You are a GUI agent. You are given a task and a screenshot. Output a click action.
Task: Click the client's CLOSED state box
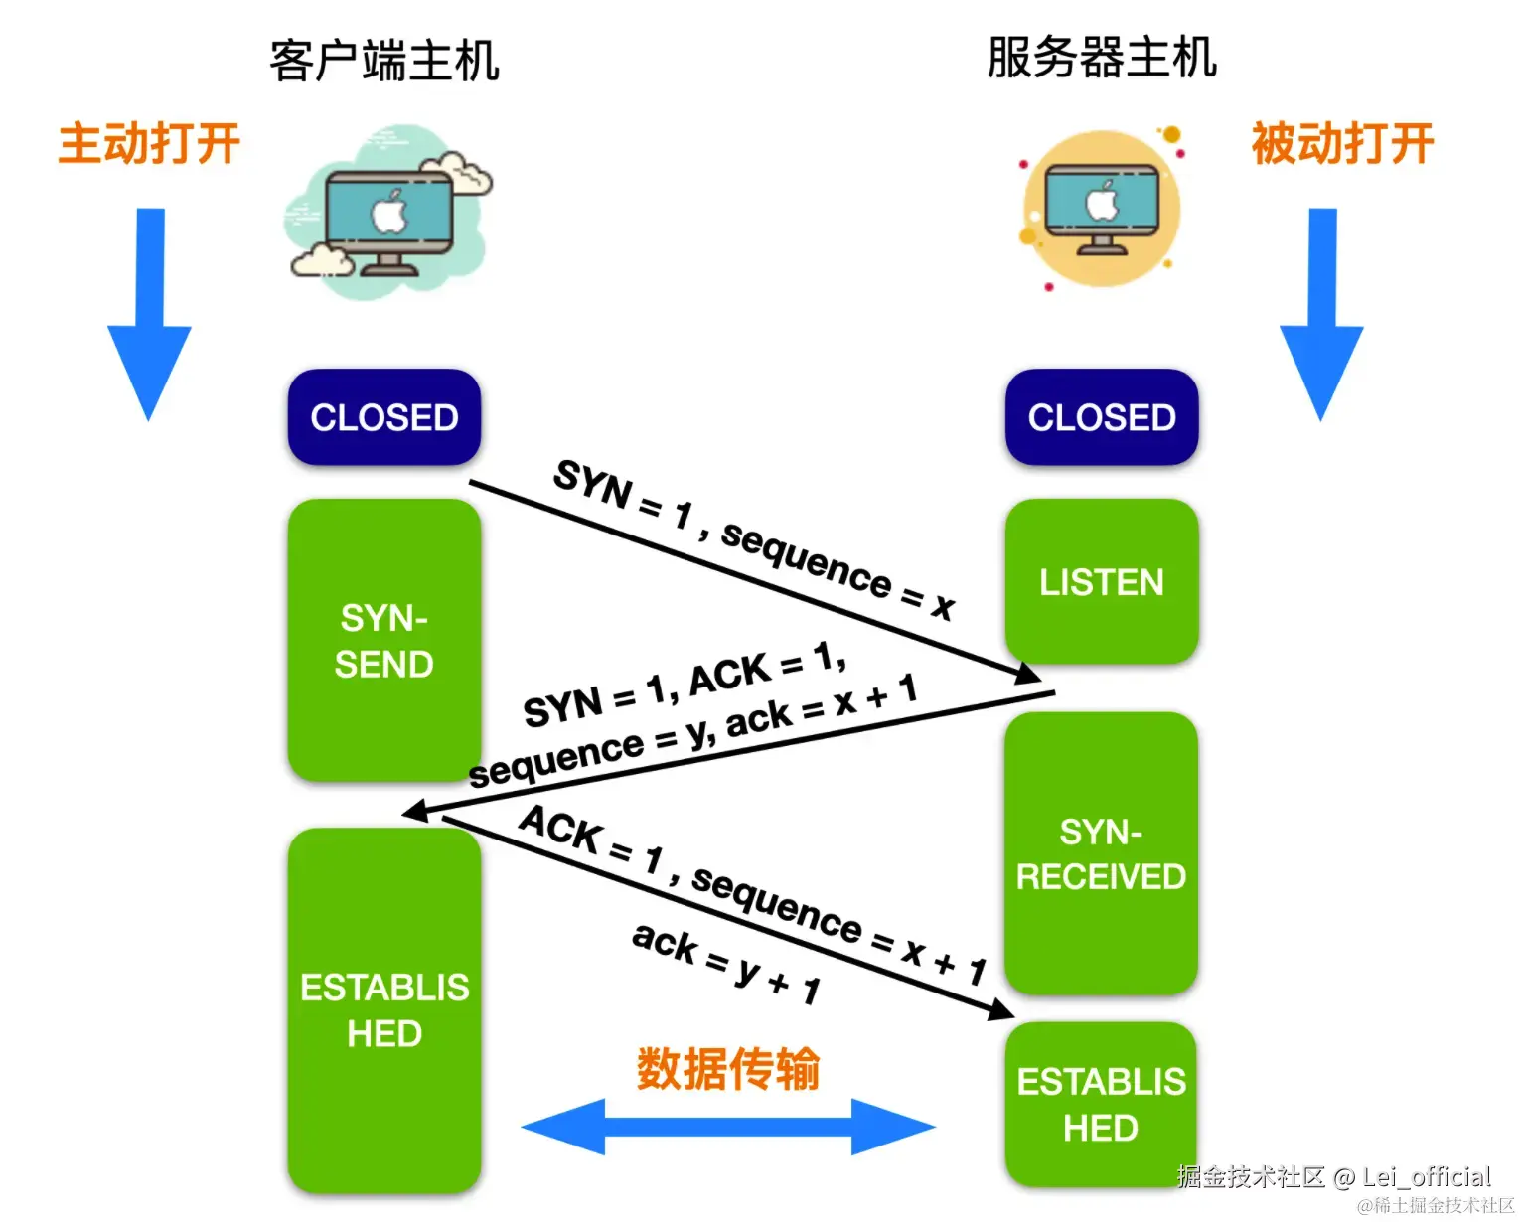click(384, 417)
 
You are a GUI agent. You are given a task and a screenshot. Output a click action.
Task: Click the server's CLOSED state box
click(1102, 417)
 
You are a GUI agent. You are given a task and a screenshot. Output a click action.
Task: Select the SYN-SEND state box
click(384, 641)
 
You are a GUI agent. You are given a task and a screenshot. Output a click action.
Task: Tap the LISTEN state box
click(1102, 581)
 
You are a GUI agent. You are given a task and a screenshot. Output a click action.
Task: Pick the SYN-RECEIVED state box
click(1101, 854)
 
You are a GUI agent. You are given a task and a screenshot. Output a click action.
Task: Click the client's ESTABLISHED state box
click(384, 1009)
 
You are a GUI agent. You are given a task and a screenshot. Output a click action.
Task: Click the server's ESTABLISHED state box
click(1101, 1104)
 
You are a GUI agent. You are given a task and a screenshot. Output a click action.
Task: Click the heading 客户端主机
click(384, 61)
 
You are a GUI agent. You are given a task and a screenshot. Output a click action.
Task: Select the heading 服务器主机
click(1102, 58)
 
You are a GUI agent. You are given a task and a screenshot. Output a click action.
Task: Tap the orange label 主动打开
click(149, 144)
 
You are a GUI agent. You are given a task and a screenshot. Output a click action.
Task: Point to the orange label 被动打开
click(1342, 144)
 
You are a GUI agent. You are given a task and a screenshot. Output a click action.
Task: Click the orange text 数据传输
click(728, 1069)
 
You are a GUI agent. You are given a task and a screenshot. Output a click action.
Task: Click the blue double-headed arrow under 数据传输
click(728, 1127)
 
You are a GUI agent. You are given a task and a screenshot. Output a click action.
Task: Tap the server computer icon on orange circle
click(1101, 209)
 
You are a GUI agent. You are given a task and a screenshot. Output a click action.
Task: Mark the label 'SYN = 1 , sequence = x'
click(753, 539)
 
